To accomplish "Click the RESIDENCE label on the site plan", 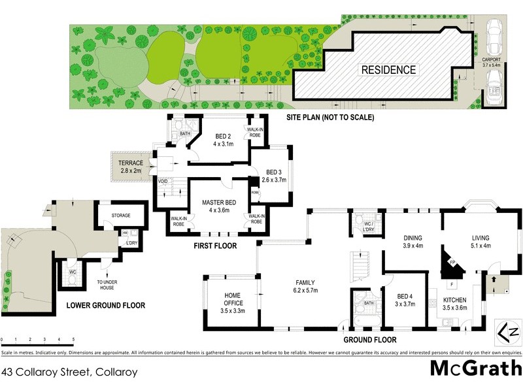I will pos(388,69).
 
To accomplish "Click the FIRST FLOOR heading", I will pos(214,246).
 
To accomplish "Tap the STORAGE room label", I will pos(120,216).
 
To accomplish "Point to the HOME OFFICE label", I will pos(233,299).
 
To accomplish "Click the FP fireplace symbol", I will pos(450,263).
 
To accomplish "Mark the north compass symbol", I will pos(510,331).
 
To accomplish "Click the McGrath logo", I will pos(475,368).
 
